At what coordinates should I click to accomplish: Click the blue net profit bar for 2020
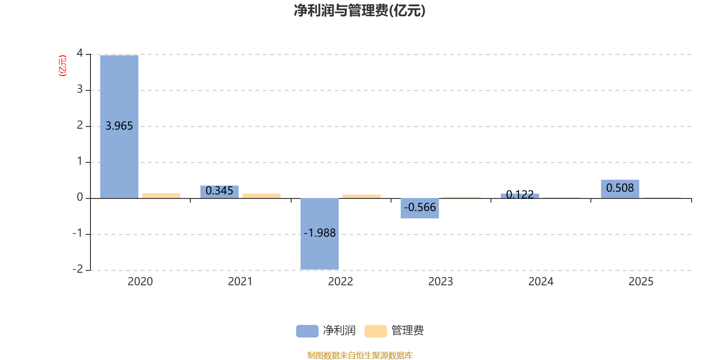click(119, 126)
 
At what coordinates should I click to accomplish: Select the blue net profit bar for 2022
click(319, 234)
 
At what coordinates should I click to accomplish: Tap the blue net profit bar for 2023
click(420, 208)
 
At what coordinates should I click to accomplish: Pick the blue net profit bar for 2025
click(620, 189)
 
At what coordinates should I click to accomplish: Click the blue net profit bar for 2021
click(220, 192)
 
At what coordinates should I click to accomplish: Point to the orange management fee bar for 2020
click(161, 196)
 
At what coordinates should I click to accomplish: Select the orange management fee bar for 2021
click(261, 196)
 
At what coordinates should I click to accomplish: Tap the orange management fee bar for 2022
click(361, 196)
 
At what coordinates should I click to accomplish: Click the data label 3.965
click(119, 126)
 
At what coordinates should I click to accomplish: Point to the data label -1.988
click(319, 233)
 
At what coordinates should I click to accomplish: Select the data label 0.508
click(620, 188)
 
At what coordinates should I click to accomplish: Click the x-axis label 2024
click(541, 282)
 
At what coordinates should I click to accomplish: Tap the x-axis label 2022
click(341, 282)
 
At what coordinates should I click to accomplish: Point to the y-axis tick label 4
click(80, 54)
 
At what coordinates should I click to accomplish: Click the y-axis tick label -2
click(78, 269)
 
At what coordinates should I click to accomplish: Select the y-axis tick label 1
click(80, 161)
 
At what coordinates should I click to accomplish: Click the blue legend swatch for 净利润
click(307, 331)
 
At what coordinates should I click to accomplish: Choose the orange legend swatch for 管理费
click(376, 331)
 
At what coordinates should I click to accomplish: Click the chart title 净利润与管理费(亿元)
click(360, 10)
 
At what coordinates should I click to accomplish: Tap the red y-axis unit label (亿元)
click(63, 66)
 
